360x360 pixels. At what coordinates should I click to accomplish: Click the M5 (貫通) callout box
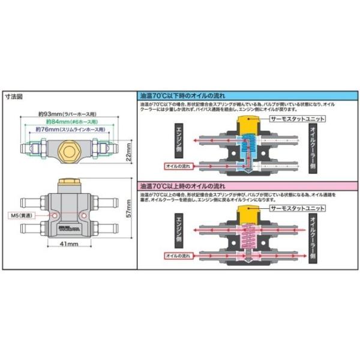pos(22,215)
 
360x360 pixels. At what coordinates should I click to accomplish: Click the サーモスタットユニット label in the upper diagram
pos(298,119)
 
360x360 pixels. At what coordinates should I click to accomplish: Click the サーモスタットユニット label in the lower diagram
pos(297,209)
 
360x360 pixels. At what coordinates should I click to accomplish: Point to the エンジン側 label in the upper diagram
pos(178,140)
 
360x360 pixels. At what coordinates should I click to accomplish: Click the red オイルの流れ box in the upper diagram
pos(178,165)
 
